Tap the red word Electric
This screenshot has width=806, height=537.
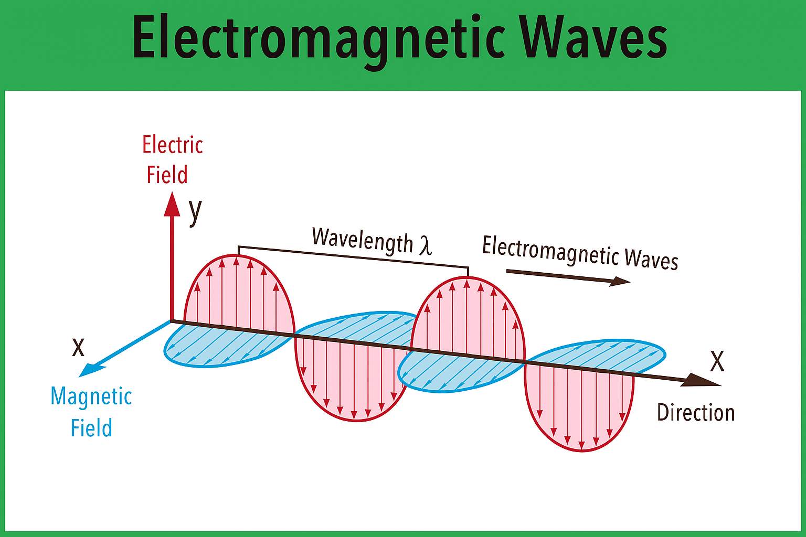click(x=172, y=145)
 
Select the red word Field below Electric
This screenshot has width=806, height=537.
click(x=167, y=175)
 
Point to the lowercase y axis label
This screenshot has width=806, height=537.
click(x=195, y=212)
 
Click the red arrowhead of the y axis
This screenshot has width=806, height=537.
click(x=172, y=205)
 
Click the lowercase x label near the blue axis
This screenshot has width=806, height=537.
click(x=78, y=348)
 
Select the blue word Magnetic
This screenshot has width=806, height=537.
click(x=91, y=396)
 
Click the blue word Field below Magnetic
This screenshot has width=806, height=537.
click(x=91, y=427)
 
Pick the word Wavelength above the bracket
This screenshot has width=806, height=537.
click(x=362, y=240)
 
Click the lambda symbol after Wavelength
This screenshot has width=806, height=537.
click(x=425, y=245)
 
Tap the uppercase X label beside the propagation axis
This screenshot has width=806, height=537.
click(x=717, y=361)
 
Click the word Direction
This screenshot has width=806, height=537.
click(x=695, y=413)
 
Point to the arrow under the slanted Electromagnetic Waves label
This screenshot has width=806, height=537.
click(x=568, y=276)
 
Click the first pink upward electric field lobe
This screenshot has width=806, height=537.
click(x=239, y=293)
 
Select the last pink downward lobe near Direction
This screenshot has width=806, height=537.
click(x=579, y=406)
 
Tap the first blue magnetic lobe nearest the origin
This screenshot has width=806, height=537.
click(x=227, y=345)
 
